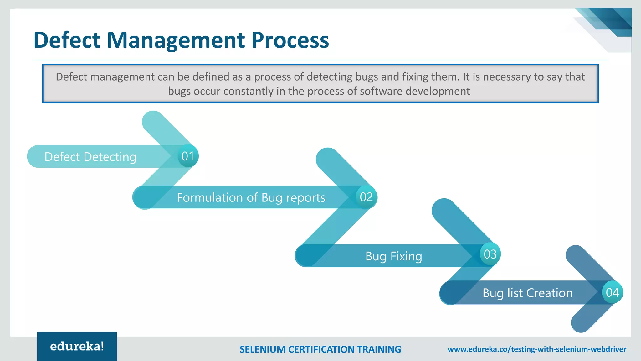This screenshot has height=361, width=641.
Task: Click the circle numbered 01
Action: tap(187, 156)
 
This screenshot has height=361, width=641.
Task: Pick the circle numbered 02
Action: tap(366, 197)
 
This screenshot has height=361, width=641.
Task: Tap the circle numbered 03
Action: tap(490, 254)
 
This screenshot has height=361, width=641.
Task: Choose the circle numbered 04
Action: tap(612, 292)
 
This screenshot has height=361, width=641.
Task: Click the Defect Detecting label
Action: tap(90, 157)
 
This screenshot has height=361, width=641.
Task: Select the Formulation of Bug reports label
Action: tap(251, 198)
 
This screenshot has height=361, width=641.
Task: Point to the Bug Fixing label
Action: tap(394, 256)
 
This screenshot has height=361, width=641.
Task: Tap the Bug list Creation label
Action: tap(527, 293)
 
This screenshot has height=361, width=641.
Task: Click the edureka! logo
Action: tap(77, 346)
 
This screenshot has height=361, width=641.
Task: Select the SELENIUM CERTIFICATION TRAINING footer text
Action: tap(320, 349)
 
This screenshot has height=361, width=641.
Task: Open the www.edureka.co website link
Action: tap(537, 349)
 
